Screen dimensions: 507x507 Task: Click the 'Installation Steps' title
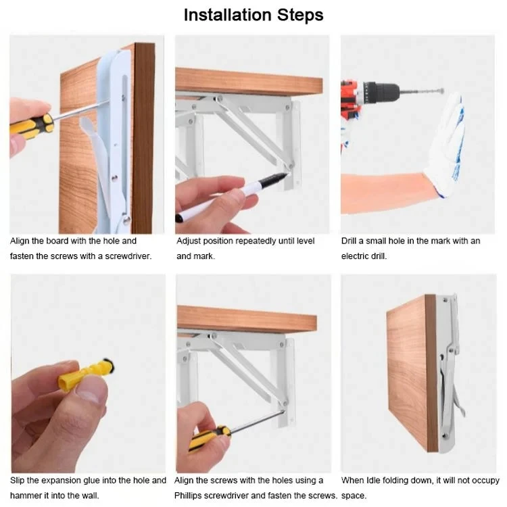[x=254, y=15]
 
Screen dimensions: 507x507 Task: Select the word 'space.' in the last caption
[x=354, y=496]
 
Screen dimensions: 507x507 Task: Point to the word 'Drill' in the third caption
[x=352, y=241]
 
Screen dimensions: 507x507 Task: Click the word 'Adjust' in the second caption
[x=190, y=241]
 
